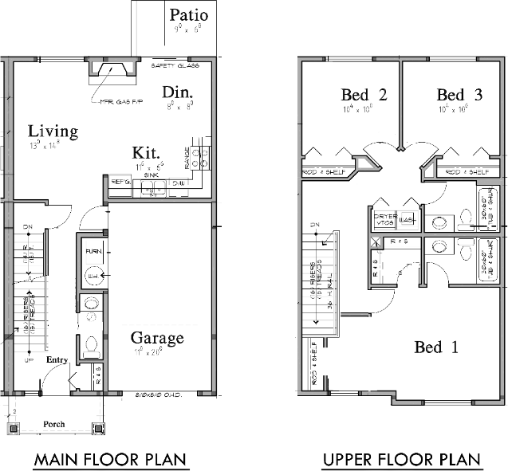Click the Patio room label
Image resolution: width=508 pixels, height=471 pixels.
[x=189, y=14]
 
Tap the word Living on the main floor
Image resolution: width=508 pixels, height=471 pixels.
[x=53, y=131]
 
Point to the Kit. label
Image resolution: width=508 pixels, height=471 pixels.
[x=147, y=152]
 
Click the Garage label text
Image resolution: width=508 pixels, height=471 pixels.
[x=157, y=338]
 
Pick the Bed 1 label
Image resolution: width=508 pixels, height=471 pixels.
[x=436, y=347]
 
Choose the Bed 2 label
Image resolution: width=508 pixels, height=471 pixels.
[x=364, y=95]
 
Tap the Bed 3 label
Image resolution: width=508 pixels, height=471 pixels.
[x=459, y=95]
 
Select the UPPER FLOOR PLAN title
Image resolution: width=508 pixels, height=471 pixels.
[x=401, y=460]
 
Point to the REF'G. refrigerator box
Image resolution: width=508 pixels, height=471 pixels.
[x=120, y=183]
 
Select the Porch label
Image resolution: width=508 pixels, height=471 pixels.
[x=54, y=424]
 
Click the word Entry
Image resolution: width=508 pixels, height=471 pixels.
[x=57, y=360]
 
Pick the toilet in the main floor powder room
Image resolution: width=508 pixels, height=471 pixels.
[x=91, y=346]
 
